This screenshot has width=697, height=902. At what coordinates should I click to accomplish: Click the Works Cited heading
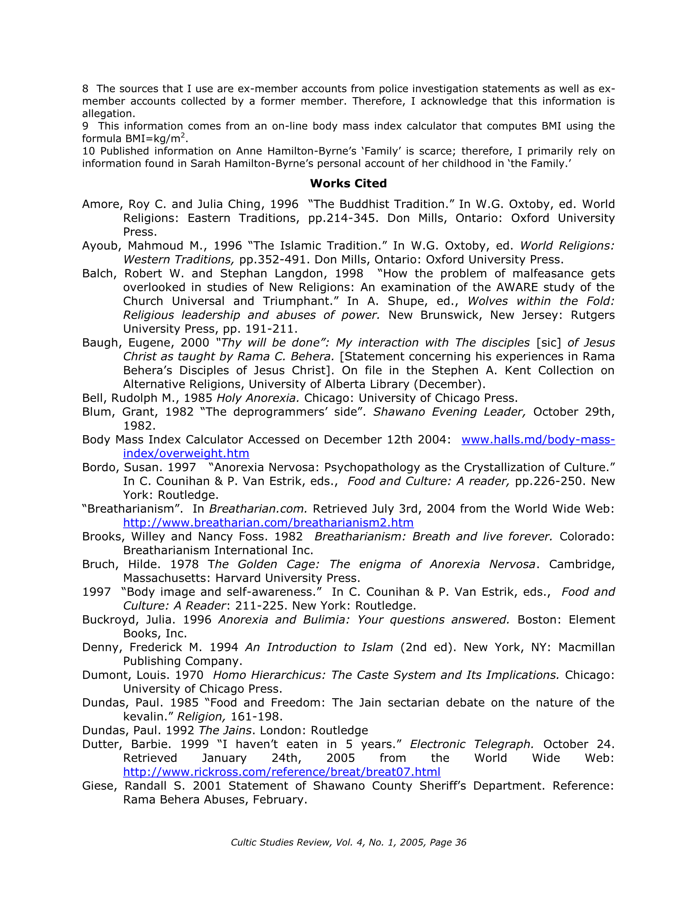click(348, 183)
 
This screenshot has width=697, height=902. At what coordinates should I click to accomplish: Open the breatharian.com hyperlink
click(268, 523)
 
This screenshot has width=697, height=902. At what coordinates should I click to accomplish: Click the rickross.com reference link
click(281, 772)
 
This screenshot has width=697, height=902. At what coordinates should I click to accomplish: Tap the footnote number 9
click(85, 126)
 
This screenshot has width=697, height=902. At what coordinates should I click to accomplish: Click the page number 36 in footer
click(460, 843)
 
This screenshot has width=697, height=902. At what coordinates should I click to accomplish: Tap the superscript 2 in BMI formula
click(182, 135)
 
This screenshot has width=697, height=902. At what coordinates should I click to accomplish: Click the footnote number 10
click(88, 151)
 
